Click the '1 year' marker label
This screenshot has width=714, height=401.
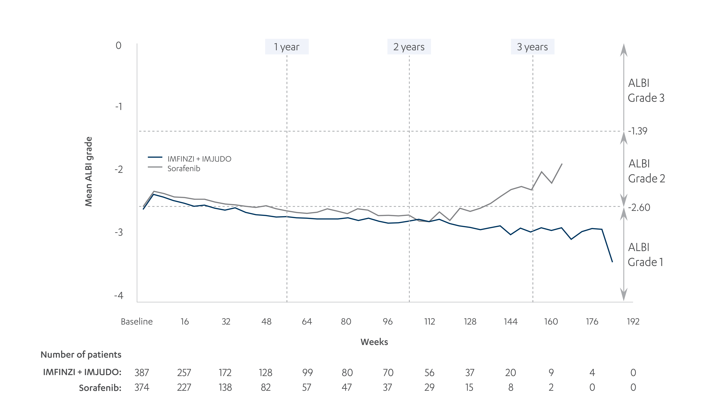pos(287,47)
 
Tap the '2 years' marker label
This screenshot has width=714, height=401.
pos(409,47)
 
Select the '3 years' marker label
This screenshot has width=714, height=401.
pos(532,47)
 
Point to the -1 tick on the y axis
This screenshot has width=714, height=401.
pos(119,107)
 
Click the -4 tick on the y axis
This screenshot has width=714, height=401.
pos(119,295)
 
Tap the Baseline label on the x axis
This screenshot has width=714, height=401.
pos(137,322)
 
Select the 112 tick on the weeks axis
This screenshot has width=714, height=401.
pos(429,322)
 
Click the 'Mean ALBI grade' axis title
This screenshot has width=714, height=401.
pos(88,172)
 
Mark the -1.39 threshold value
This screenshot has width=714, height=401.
pos(638,131)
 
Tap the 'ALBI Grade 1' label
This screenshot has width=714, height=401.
pos(645,255)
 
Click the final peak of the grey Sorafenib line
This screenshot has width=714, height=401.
pos(562,164)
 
